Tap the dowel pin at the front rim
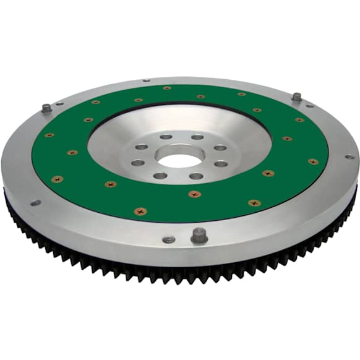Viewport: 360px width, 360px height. (199, 235)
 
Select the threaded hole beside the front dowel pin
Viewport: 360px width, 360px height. (169, 239)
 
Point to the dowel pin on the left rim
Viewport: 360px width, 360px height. (47, 108)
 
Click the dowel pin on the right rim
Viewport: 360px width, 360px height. (297, 97)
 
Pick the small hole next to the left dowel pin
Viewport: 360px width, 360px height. (60, 104)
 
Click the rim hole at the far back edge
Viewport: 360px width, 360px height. (147, 80)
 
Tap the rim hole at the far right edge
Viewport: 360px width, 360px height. (349, 156)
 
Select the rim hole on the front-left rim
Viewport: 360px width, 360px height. (35, 202)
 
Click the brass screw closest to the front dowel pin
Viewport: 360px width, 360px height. (195, 194)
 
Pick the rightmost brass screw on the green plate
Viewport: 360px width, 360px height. (314, 161)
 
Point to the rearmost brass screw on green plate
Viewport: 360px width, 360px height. (167, 88)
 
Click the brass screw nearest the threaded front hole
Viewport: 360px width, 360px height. (140, 211)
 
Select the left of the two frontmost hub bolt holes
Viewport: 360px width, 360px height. (160, 176)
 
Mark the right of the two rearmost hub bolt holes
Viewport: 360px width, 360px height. (197, 137)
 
